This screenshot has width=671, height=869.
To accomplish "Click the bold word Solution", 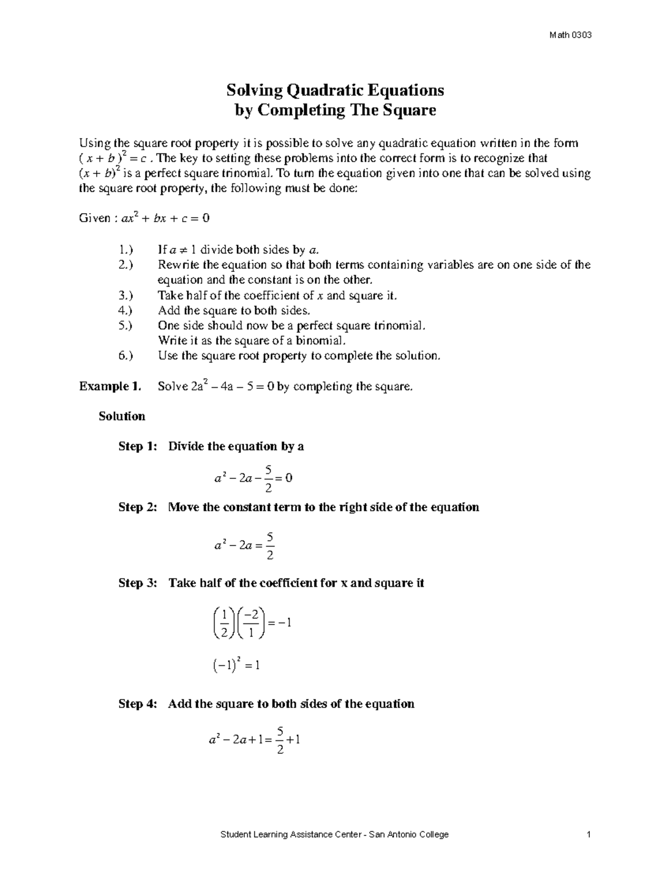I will pyautogui.click(x=122, y=416).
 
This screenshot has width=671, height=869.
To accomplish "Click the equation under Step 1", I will pyautogui.click(x=253, y=478).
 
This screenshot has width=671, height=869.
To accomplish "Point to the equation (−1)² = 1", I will pyautogui.click(x=237, y=665).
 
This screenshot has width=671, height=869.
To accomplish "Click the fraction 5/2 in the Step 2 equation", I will pyautogui.click(x=270, y=546).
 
